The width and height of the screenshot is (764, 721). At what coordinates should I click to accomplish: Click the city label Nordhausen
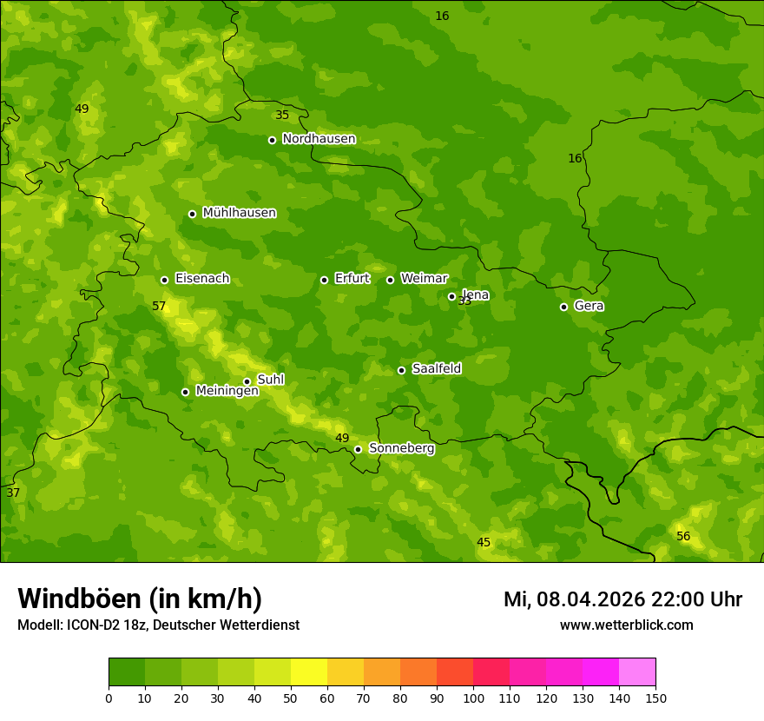[x=319, y=139]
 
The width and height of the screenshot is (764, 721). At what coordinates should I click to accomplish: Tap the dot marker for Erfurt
[x=324, y=280]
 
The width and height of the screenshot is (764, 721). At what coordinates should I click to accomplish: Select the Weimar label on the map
[x=424, y=279]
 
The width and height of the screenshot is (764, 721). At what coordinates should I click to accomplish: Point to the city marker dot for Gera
[x=563, y=307]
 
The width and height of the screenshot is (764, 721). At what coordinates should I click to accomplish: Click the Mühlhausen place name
[x=239, y=213]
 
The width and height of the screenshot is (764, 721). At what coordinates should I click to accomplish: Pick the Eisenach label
[x=202, y=279]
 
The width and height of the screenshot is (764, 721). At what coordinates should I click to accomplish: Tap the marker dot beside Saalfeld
[x=401, y=370]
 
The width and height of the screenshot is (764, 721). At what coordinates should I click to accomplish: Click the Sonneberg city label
[x=401, y=448]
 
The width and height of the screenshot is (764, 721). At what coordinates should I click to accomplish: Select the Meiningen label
[x=227, y=391]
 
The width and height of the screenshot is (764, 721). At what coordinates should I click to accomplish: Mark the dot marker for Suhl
[x=247, y=381]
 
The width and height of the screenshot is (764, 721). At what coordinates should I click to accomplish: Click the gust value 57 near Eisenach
[x=159, y=307]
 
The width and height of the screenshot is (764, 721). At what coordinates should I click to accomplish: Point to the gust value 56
[x=683, y=537]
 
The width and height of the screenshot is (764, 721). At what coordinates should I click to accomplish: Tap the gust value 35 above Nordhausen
[x=282, y=116]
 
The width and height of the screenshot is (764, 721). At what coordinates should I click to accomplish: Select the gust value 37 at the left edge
[x=13, y=493]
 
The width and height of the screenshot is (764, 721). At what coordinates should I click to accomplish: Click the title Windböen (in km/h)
[x=140, y=599]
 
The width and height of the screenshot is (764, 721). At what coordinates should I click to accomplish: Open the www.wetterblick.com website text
[x=626, y=625]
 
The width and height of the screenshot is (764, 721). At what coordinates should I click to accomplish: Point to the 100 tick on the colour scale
[x=473, y=698]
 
